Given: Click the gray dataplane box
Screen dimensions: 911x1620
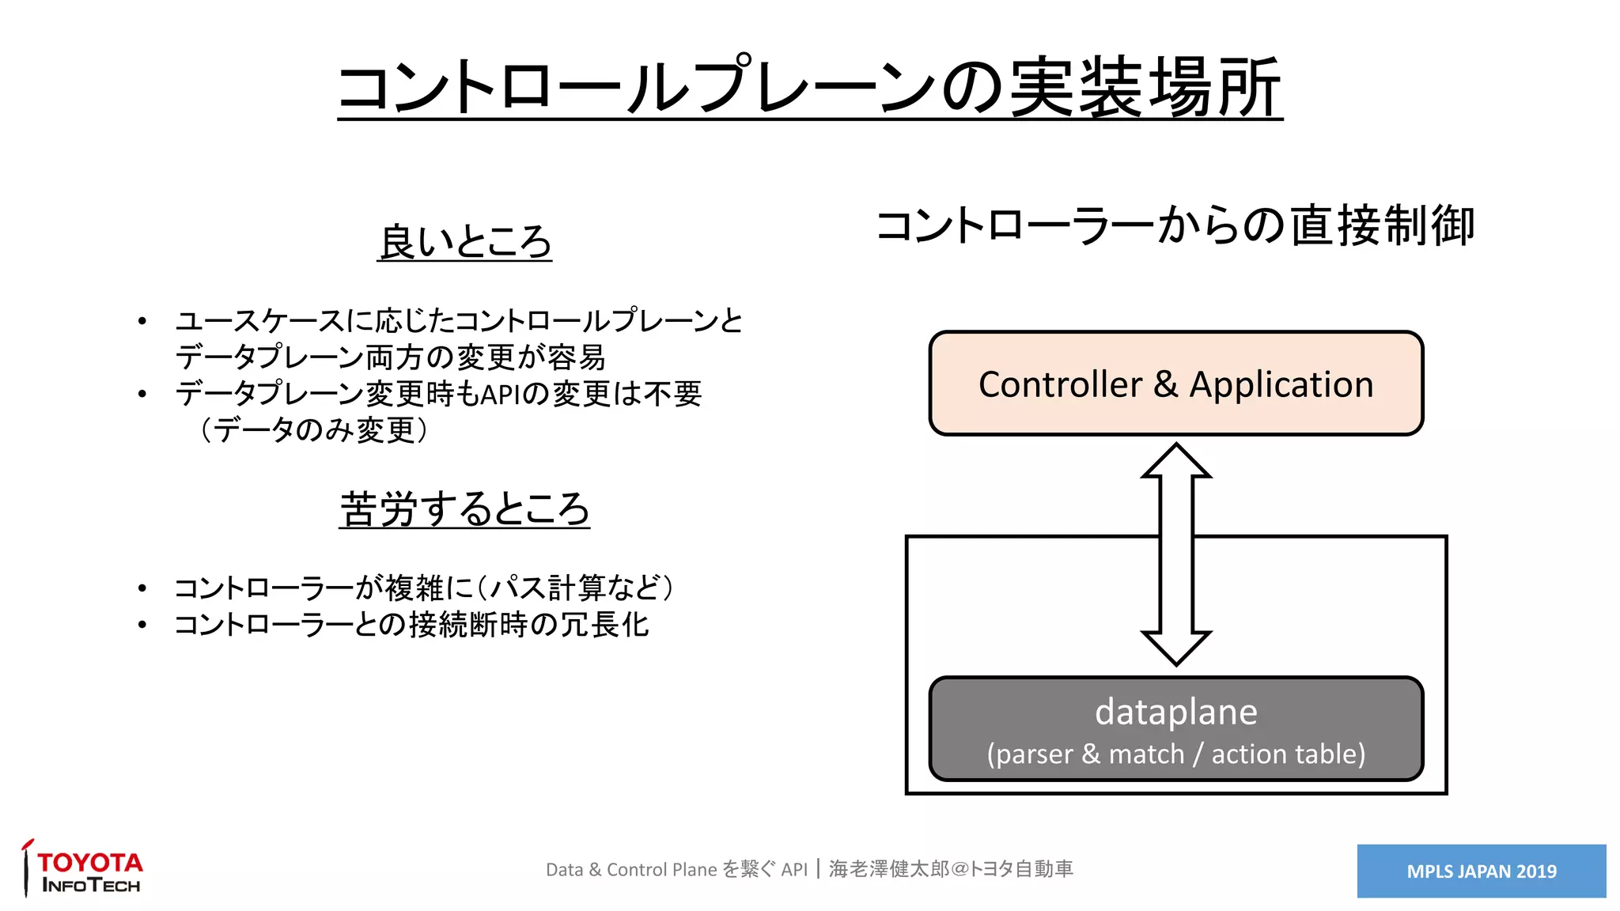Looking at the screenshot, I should click(1175, 728).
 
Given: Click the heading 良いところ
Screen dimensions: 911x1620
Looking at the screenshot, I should click(464, 241).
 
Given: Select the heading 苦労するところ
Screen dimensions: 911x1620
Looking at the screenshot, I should click(464, 508).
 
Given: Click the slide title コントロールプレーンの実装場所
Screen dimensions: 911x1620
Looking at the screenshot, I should click(809, 87).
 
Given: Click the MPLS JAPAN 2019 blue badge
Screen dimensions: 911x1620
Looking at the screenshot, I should click(1481, 871).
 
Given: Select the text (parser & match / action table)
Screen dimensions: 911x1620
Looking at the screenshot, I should click(1175, 754).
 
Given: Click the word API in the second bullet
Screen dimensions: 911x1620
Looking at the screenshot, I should click(499, 394).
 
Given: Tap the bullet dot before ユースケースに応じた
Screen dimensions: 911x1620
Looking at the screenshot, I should click(142, 321).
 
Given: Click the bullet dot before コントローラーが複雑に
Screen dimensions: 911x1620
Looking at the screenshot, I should click(142, 588).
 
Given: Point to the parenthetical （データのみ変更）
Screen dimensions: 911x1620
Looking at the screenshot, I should click(313, 430).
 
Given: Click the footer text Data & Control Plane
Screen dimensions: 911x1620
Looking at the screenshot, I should click(631, 870).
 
